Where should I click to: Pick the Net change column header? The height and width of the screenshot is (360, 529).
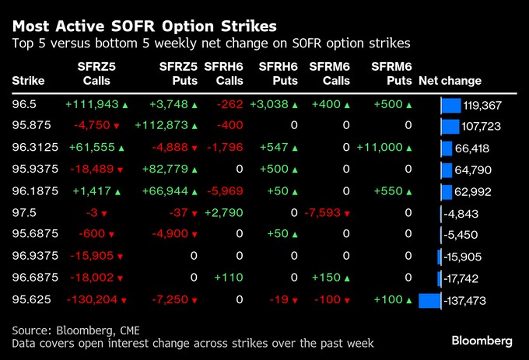tap(450, 81)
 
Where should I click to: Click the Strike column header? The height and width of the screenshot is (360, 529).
tap(29, 81)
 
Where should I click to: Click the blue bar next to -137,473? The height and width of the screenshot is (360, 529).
tap(429, 300)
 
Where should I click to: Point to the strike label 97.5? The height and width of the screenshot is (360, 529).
tap(24, 213)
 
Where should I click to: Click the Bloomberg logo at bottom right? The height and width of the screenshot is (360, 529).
tap(482, 341)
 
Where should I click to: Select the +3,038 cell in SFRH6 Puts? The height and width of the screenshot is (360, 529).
tap(274, 105)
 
